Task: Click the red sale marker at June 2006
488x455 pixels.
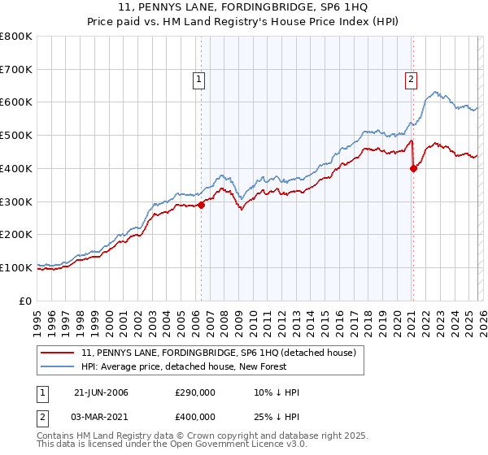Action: click(x=201, y=205)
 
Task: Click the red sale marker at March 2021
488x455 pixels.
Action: click(x=413, y=168)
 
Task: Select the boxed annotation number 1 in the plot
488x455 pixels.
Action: click(x=198, y=79)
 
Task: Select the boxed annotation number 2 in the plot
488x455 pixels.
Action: click(x=411, y=79)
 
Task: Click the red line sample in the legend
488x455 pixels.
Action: click(x=56, y=353)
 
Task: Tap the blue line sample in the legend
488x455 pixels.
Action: click(x=56, y=366)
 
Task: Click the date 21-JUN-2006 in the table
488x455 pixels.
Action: click(x=101, y=392)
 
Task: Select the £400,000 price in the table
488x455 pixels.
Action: click(x=195, y=417)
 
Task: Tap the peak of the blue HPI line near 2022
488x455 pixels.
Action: click(x=436, y=92)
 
